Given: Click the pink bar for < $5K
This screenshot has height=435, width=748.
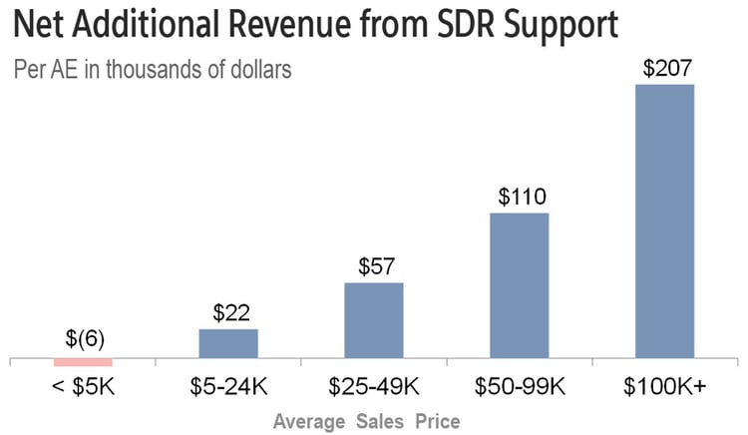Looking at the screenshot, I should (83, 361).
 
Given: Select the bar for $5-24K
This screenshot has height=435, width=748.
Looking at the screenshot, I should (228, 342).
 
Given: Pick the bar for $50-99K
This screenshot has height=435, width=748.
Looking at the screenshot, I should (520, 284).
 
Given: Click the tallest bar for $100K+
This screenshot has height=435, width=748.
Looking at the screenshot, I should (665, 219).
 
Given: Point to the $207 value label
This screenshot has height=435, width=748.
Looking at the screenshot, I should (665, 70).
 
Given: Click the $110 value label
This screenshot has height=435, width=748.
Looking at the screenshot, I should (520, 198).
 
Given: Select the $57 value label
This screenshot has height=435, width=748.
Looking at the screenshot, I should (374, 267).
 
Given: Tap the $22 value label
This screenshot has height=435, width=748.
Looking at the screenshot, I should (228, 313).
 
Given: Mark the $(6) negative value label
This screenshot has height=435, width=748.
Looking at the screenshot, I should (83, 341).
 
